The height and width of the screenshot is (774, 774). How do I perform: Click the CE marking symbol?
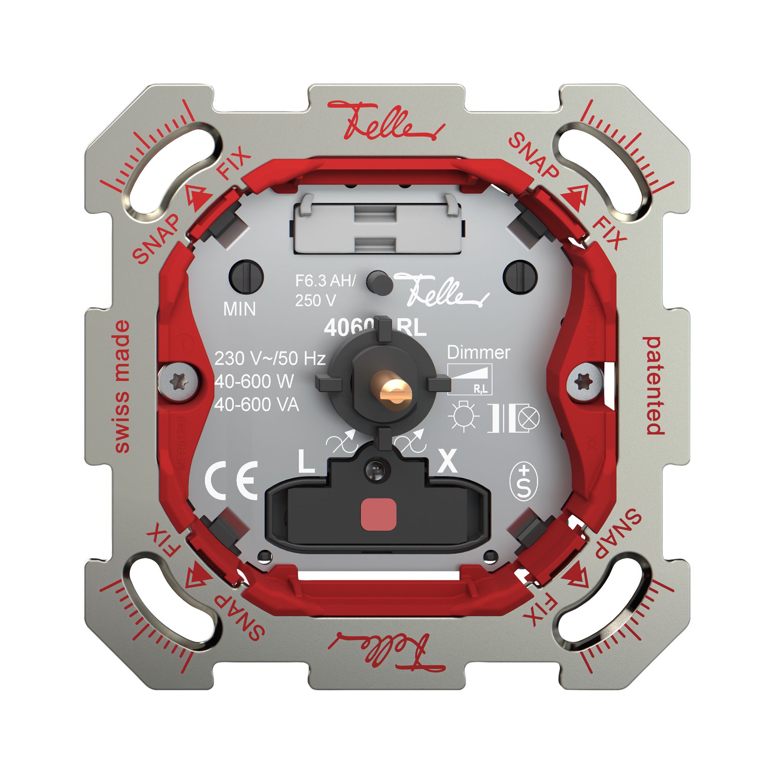tap(231, 480)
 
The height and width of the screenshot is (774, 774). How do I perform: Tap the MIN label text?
tap(239, 309)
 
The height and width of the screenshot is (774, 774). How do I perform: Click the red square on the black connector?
tap(378, 515)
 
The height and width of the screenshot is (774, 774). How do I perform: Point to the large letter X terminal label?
tap(447, 462)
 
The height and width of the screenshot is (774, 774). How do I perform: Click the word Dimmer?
tap(478, 353)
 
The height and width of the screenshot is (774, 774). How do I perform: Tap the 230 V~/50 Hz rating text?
tap(270, 359)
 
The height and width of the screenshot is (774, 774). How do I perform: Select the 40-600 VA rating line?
tap(257, 405)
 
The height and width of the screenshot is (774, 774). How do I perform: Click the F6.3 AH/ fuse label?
tap(325, 281)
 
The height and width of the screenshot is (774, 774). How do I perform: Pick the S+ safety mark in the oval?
tap(523, 483)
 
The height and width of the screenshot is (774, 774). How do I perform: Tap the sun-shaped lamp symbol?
tap(464, 417)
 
